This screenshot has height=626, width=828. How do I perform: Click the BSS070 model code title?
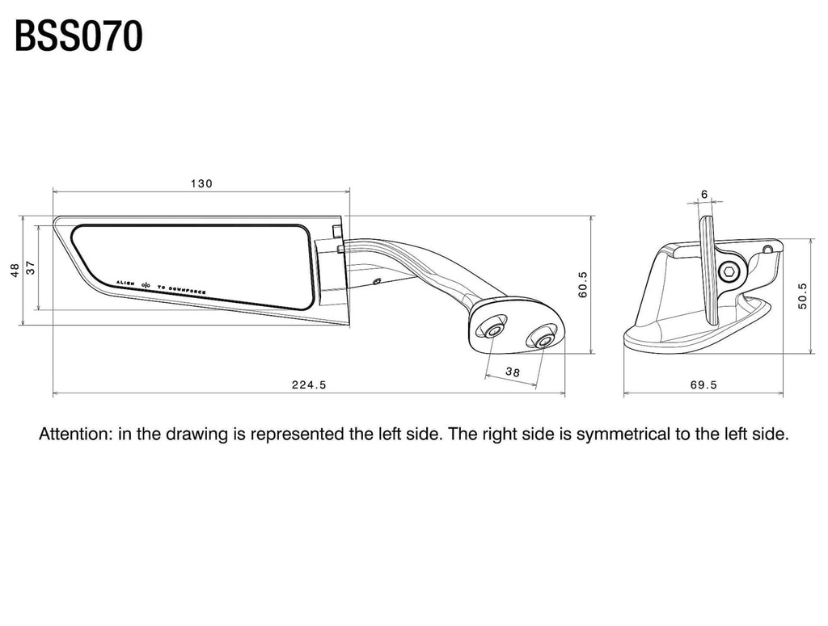(78, 36)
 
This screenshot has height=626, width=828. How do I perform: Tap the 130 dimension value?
(201, 183)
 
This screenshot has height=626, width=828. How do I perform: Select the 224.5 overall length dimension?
(309, 385)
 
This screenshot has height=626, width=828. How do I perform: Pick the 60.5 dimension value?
(582, 285)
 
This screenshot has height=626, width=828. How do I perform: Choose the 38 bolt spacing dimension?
(512, 372)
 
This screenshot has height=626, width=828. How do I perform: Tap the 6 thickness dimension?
(704, 195)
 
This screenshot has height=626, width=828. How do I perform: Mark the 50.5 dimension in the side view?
(803, 296)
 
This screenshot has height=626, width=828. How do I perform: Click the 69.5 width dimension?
(703, 385)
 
